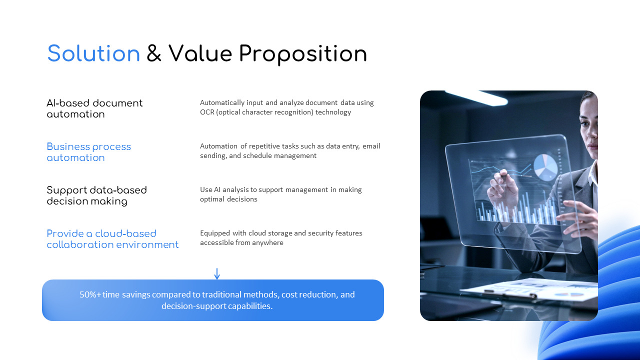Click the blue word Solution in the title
(93, 53)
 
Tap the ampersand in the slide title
(153, 53)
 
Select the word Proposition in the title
(303, 54)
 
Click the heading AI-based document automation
(94, 108)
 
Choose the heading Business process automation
(89, 152)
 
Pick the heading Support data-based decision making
(96, 195)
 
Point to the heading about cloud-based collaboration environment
(112, 239)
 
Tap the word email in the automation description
(371, 146)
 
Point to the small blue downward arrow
(217, 273)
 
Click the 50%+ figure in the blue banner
(90, 294)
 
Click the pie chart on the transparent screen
(545, 167)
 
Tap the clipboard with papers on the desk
(528, 290)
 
